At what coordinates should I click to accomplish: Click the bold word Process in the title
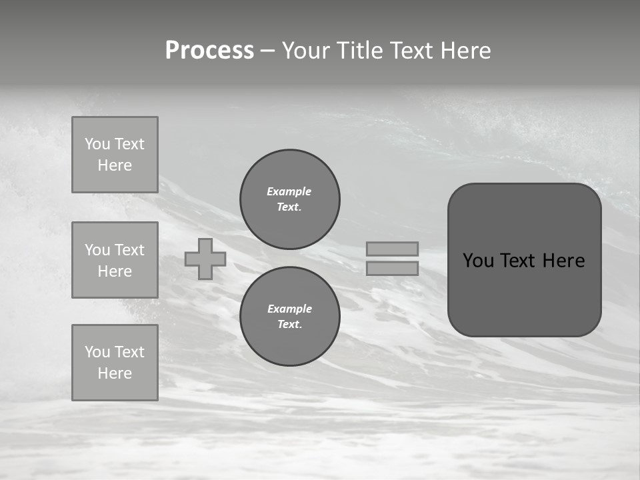(x=209, y=51)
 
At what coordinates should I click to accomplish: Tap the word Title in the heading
(x=361, y=51)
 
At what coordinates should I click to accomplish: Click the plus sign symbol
(x=205, y=259)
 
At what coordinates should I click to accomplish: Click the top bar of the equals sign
(x=392, y=249)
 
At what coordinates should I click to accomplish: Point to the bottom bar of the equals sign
(x=392, y=268)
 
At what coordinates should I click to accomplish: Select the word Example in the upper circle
(x=289, y=191)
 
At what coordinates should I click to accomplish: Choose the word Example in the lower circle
(x=289, y=309)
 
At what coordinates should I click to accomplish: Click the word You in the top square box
(x=97, y=144)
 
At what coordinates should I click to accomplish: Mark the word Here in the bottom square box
(x=115, y=373)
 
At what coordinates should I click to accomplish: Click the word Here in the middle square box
(x=115, y=271)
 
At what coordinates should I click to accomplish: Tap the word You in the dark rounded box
(x=478, y=261)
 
